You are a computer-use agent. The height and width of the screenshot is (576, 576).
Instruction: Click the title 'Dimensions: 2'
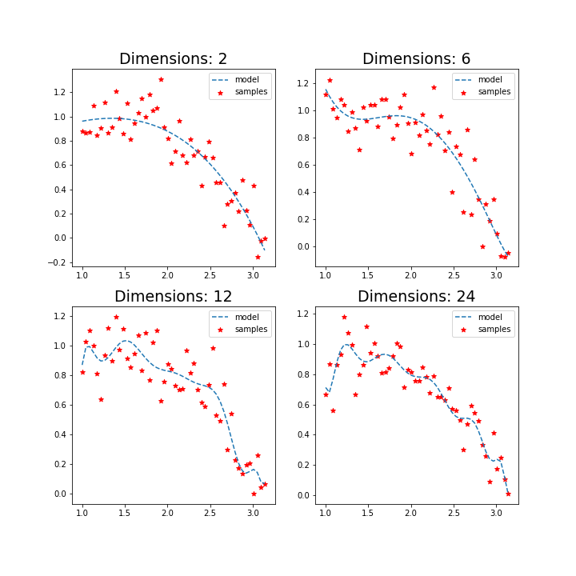click(x=173, y=58)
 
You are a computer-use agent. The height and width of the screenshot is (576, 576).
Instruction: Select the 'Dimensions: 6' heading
click(x=416, y=58)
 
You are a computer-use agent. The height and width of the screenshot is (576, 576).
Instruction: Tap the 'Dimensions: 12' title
click(x=173, y=296)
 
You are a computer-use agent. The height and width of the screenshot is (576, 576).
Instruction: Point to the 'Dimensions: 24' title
click(x=416, y=296)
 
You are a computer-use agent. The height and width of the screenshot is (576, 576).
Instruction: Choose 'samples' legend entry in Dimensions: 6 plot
click(x=494, y=92)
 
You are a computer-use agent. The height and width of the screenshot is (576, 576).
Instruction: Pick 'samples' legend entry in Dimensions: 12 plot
click(x=250, y=330)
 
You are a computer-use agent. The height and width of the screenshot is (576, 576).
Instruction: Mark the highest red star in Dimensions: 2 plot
click(x=161, y=79)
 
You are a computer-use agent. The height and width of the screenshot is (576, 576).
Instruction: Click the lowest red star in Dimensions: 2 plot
click(x=258, y=257)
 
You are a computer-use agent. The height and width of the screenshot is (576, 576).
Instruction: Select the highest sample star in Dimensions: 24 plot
click(x=344, y=317)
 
